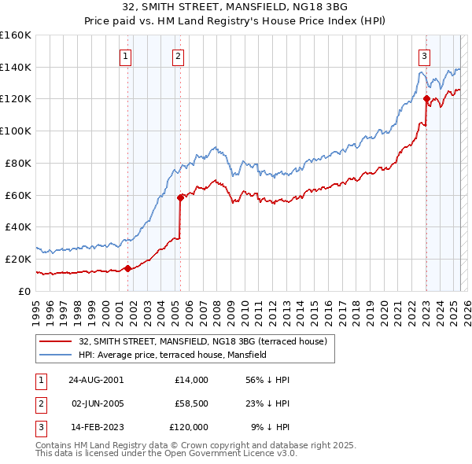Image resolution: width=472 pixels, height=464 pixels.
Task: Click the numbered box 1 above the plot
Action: tap(127, 56)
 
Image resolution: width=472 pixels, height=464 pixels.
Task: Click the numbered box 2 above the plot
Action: tap(179, 56)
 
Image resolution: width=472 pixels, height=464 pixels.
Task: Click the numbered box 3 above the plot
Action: tap(424, 56)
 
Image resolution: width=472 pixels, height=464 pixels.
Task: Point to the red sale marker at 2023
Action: tap(426, 99)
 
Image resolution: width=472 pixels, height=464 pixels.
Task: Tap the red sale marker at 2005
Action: tap(180, 197)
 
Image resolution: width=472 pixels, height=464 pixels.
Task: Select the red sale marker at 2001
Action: tap(128, 269)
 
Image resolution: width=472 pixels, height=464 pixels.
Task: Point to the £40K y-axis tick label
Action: tap(17, 226)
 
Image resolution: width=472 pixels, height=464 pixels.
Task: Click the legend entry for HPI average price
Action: tap(172, 355)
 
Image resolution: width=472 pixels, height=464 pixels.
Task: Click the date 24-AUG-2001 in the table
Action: tap(96, 380)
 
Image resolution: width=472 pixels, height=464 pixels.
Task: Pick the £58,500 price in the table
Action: tap(190, 403)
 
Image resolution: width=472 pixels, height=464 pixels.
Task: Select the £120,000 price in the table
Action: tap(189, 427)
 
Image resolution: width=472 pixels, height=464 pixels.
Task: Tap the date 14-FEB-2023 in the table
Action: tap(96, 427)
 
